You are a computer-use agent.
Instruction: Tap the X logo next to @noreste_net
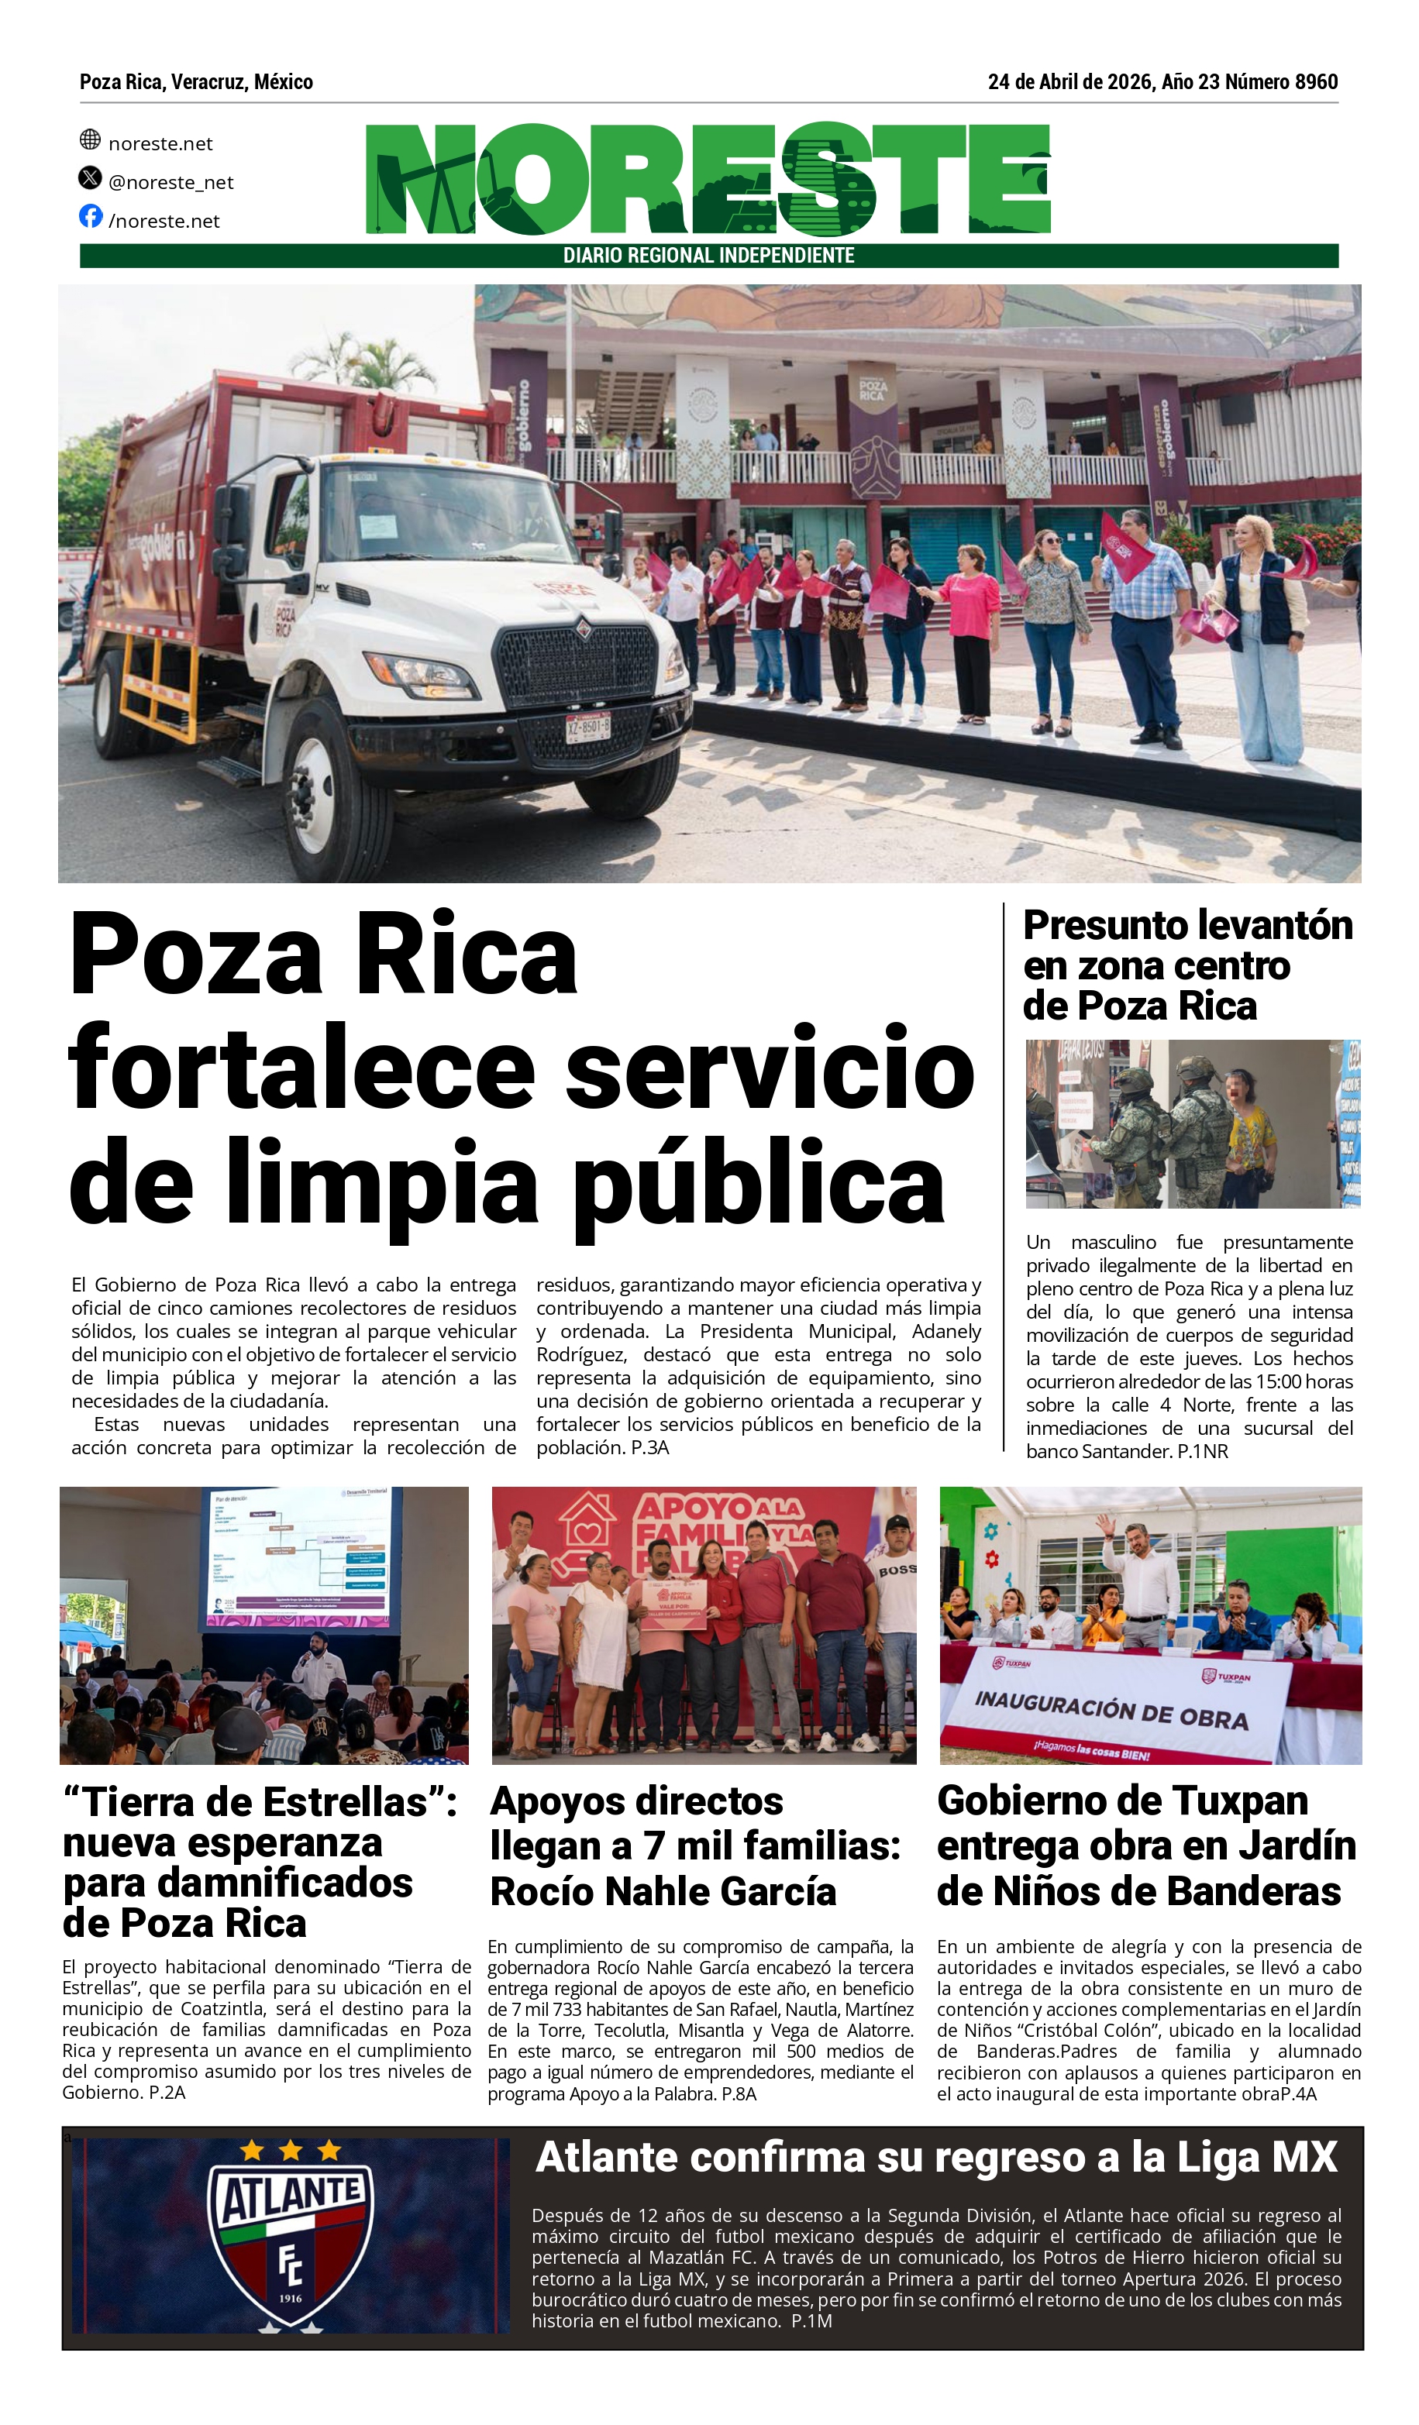[90, 178]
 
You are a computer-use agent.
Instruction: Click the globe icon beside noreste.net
[90, 139]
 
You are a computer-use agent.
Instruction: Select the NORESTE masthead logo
[708, 179]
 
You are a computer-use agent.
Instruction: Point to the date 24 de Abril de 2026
[1069, 82]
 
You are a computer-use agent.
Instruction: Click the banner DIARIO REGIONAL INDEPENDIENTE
[708, 256]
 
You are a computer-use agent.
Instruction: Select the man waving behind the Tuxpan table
[1141, 1575]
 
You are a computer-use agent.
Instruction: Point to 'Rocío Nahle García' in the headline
[663, 1892]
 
